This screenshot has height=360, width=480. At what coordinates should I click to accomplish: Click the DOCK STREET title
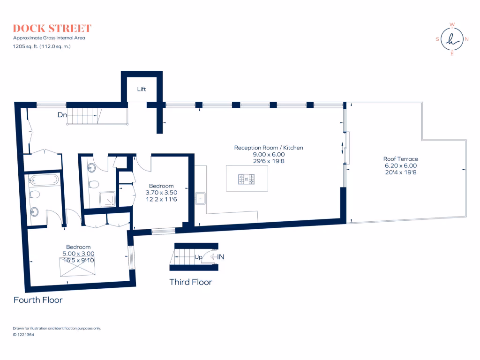52,28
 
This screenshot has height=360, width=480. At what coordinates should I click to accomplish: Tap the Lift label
142,89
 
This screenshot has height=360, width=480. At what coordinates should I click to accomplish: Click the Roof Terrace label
400,159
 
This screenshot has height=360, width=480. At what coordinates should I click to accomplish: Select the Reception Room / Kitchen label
269,148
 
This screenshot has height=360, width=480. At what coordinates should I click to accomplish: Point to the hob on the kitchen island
247,179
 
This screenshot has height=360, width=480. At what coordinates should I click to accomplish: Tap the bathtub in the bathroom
44,180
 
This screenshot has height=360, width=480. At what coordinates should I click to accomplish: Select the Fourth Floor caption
38,300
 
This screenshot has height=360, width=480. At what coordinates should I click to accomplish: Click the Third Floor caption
191,282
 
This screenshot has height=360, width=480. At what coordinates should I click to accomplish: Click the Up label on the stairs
198,257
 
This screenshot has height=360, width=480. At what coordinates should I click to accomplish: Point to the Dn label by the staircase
62,115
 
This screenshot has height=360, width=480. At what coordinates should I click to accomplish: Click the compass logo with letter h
452,39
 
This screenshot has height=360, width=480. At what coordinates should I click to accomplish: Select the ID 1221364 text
23,335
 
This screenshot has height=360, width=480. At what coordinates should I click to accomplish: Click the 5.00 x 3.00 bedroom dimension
78,254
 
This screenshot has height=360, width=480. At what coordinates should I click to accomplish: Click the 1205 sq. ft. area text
42,46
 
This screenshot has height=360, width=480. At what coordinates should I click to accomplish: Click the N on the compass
466,39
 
